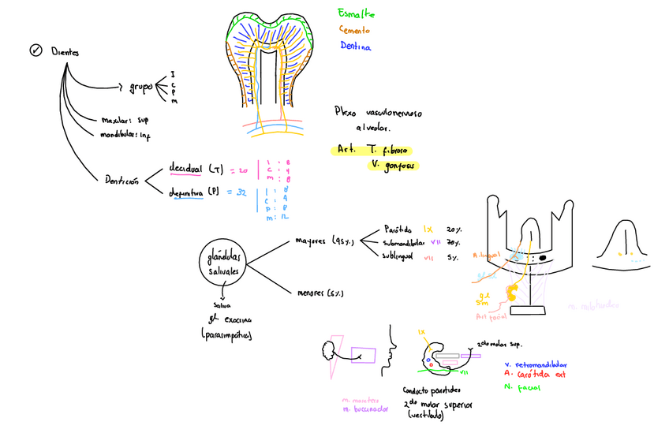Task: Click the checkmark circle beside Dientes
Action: click(x=36, y=50)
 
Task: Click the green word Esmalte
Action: click(x=356, y=15)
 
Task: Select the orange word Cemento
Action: click(x=355, y=30)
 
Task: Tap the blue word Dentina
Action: click(x=355, y=46)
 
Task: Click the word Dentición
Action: click(x=121, y=180)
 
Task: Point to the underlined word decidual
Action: click(x=187, y=168)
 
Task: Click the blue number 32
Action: click(x=239, y=192)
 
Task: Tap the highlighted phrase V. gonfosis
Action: click(x=392, y=165)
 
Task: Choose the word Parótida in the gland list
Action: click(x=398, y=226)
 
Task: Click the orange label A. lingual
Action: click(x=487, y=255)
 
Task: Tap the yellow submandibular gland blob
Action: click(x=511, y=294)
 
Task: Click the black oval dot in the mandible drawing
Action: click(x=544, y=259)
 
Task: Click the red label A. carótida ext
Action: click(x=535, y=375)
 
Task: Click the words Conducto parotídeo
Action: click(x=432, y=390)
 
